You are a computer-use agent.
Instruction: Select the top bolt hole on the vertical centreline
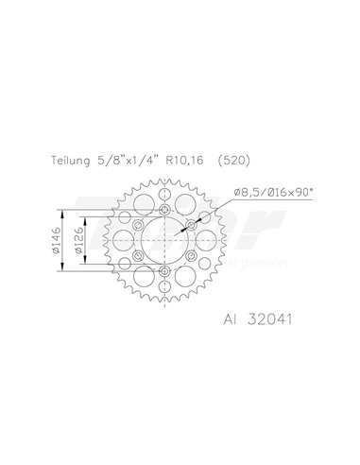pyautogui.click(x=165, y=209)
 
